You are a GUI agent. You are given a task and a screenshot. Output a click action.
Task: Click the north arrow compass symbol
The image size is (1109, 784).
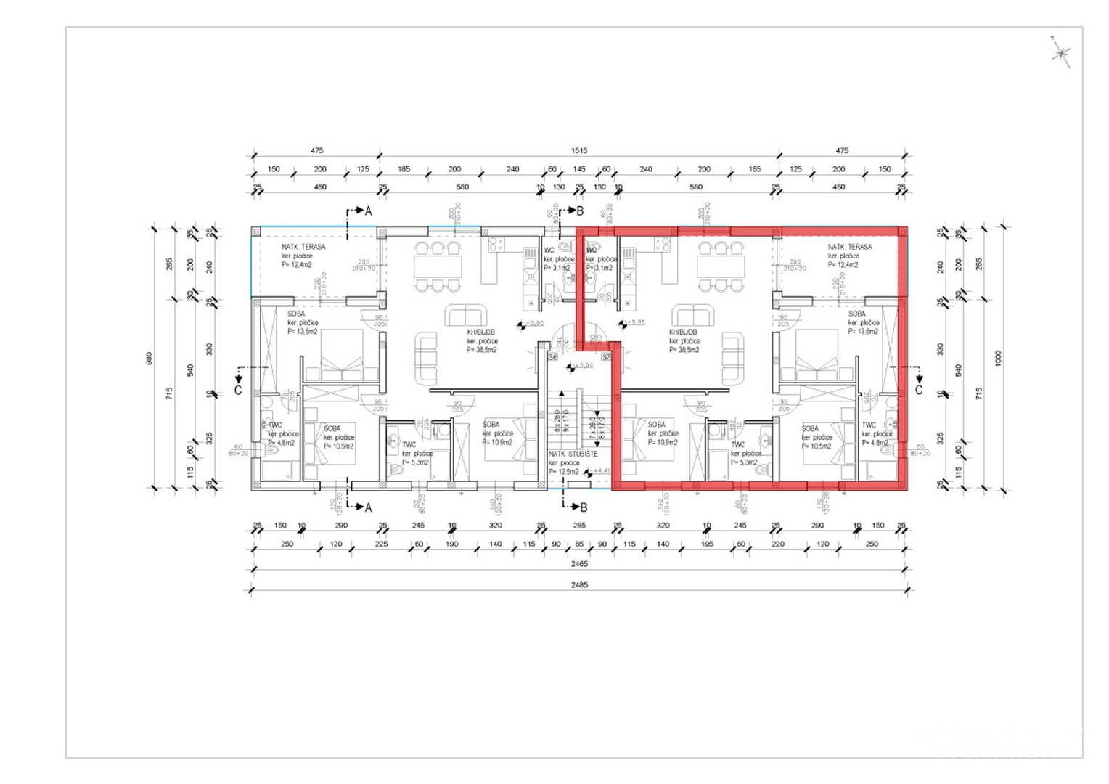point(1061,52)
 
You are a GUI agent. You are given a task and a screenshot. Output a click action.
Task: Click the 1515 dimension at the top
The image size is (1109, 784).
point(578,151)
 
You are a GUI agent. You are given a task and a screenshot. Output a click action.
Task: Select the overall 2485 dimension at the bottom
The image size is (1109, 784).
point(578,584)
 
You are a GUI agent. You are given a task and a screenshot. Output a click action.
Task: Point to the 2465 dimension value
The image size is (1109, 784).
point(578,564)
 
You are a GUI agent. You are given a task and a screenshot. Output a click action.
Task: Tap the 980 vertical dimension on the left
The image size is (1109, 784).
point(150,359)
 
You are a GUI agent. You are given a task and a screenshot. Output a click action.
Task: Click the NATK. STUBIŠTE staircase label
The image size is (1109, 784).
point(573,454)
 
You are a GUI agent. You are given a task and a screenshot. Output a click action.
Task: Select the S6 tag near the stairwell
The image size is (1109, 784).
point(553,357)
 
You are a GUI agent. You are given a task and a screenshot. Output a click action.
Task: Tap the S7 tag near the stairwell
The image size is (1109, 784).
point(606,357)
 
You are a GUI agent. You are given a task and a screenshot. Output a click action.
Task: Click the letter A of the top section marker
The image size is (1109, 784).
point(368,211)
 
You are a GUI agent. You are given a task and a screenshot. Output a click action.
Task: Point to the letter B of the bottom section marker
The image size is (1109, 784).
point(584,507)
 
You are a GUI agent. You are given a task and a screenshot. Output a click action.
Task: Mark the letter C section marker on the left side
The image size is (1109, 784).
point(238,391)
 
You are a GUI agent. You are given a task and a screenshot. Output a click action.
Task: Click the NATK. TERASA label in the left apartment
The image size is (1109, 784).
point(303,247)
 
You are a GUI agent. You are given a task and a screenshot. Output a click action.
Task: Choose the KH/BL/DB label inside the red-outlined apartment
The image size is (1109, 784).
point(683,332)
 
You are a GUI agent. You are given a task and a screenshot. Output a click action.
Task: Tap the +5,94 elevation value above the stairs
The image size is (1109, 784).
point(584,365)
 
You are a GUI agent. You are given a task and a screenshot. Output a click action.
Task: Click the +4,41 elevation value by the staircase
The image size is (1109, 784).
point(602,471)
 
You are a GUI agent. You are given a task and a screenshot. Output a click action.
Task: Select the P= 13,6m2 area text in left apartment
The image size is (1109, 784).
point(302,332)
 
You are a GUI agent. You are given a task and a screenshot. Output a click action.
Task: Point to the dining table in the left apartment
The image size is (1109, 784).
point(438,266)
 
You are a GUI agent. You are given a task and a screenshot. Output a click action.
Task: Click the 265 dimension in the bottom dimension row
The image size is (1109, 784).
point(578,526)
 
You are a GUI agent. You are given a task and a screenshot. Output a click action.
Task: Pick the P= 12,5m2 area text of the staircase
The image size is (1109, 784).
point(563,472)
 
